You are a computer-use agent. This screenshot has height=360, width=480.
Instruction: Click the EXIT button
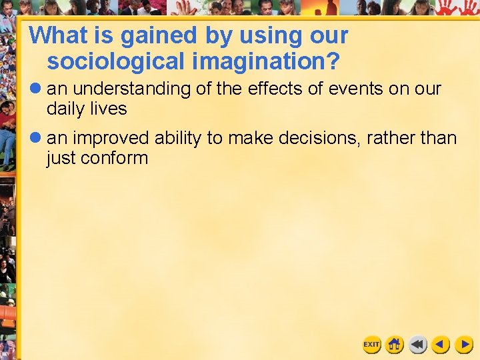[x=371, y=345]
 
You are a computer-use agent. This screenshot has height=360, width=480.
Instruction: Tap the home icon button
[x=395, y=345]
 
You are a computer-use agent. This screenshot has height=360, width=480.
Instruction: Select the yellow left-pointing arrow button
[x=441, y=345]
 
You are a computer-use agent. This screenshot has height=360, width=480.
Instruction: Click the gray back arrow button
[x=418, y=345]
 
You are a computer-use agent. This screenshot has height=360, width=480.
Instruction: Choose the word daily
[x=66, y=108]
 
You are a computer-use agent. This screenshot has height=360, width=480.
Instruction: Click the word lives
[x=109, y=108]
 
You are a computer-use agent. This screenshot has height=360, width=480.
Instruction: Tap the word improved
[x=111, y=139]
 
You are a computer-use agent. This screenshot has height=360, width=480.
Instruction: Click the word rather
[x=389, y=139]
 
